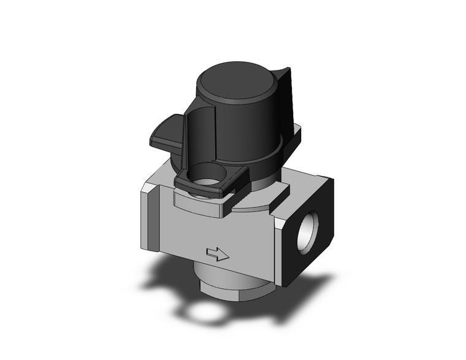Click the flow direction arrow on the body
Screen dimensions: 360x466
pos(218,253)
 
